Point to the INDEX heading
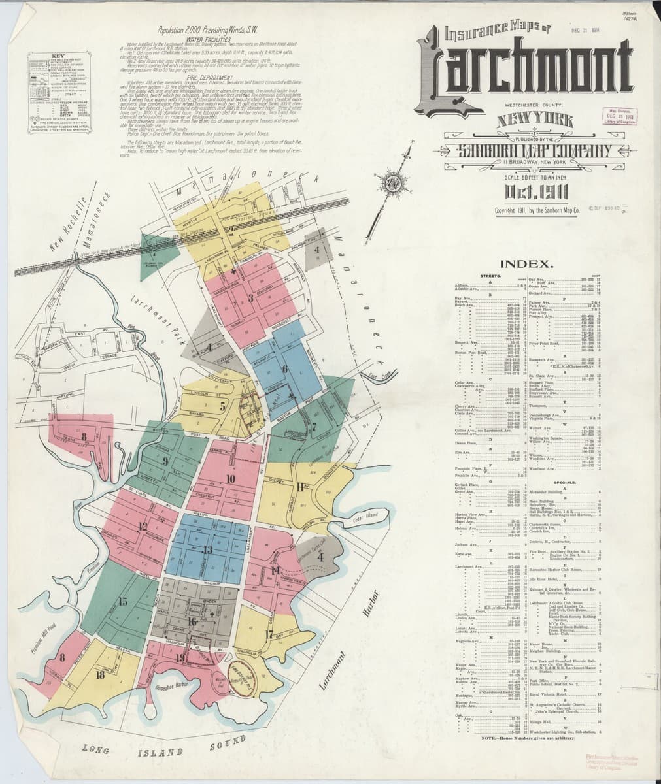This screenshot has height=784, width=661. point(528,265)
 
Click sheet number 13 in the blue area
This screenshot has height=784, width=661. point(207,550)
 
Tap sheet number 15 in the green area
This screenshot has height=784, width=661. point(122,601)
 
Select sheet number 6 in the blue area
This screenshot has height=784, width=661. point(284,368)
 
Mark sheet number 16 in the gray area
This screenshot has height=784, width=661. point(192,621)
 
